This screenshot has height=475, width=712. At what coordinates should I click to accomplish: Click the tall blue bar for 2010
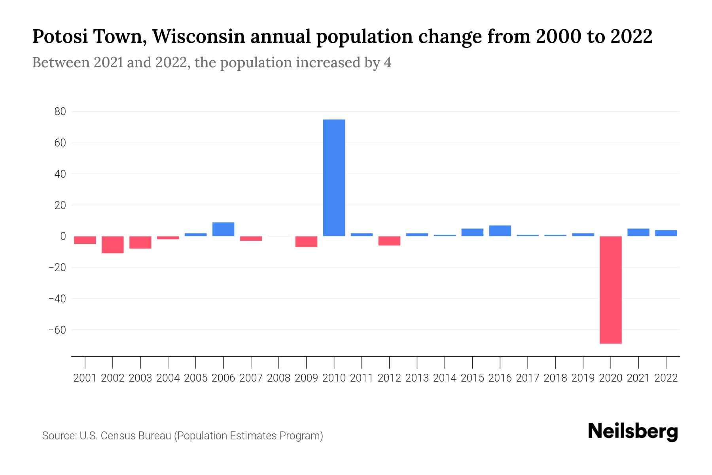click(334, 178)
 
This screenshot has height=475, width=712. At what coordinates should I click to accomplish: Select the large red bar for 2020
click(610, 290)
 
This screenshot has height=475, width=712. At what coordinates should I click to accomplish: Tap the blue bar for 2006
click(223, 229)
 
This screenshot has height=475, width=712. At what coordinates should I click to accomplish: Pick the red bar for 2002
click(113, 245)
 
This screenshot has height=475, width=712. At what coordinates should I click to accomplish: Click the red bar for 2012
click(389, 241)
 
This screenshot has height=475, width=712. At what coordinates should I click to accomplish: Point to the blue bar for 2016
click(500, 231)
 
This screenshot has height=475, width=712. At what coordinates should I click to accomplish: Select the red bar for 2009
click(306, 241)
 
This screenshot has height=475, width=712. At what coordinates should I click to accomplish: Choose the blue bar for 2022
click(666, 233)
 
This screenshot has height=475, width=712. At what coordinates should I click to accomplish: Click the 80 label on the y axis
click(60, 112)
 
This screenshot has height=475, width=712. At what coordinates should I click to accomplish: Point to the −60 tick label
click(57, 330)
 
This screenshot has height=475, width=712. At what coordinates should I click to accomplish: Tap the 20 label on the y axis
click(60, 205)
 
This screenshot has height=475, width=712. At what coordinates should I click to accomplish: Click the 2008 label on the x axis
click(278, 378)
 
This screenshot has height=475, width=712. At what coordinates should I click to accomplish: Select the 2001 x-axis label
click(85, 378)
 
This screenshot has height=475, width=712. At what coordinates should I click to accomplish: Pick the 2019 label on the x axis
click(583, 378)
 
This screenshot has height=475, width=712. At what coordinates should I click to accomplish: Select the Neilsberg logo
click(633, 431)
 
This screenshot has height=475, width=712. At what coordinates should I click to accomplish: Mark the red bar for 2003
click(140, 242)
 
